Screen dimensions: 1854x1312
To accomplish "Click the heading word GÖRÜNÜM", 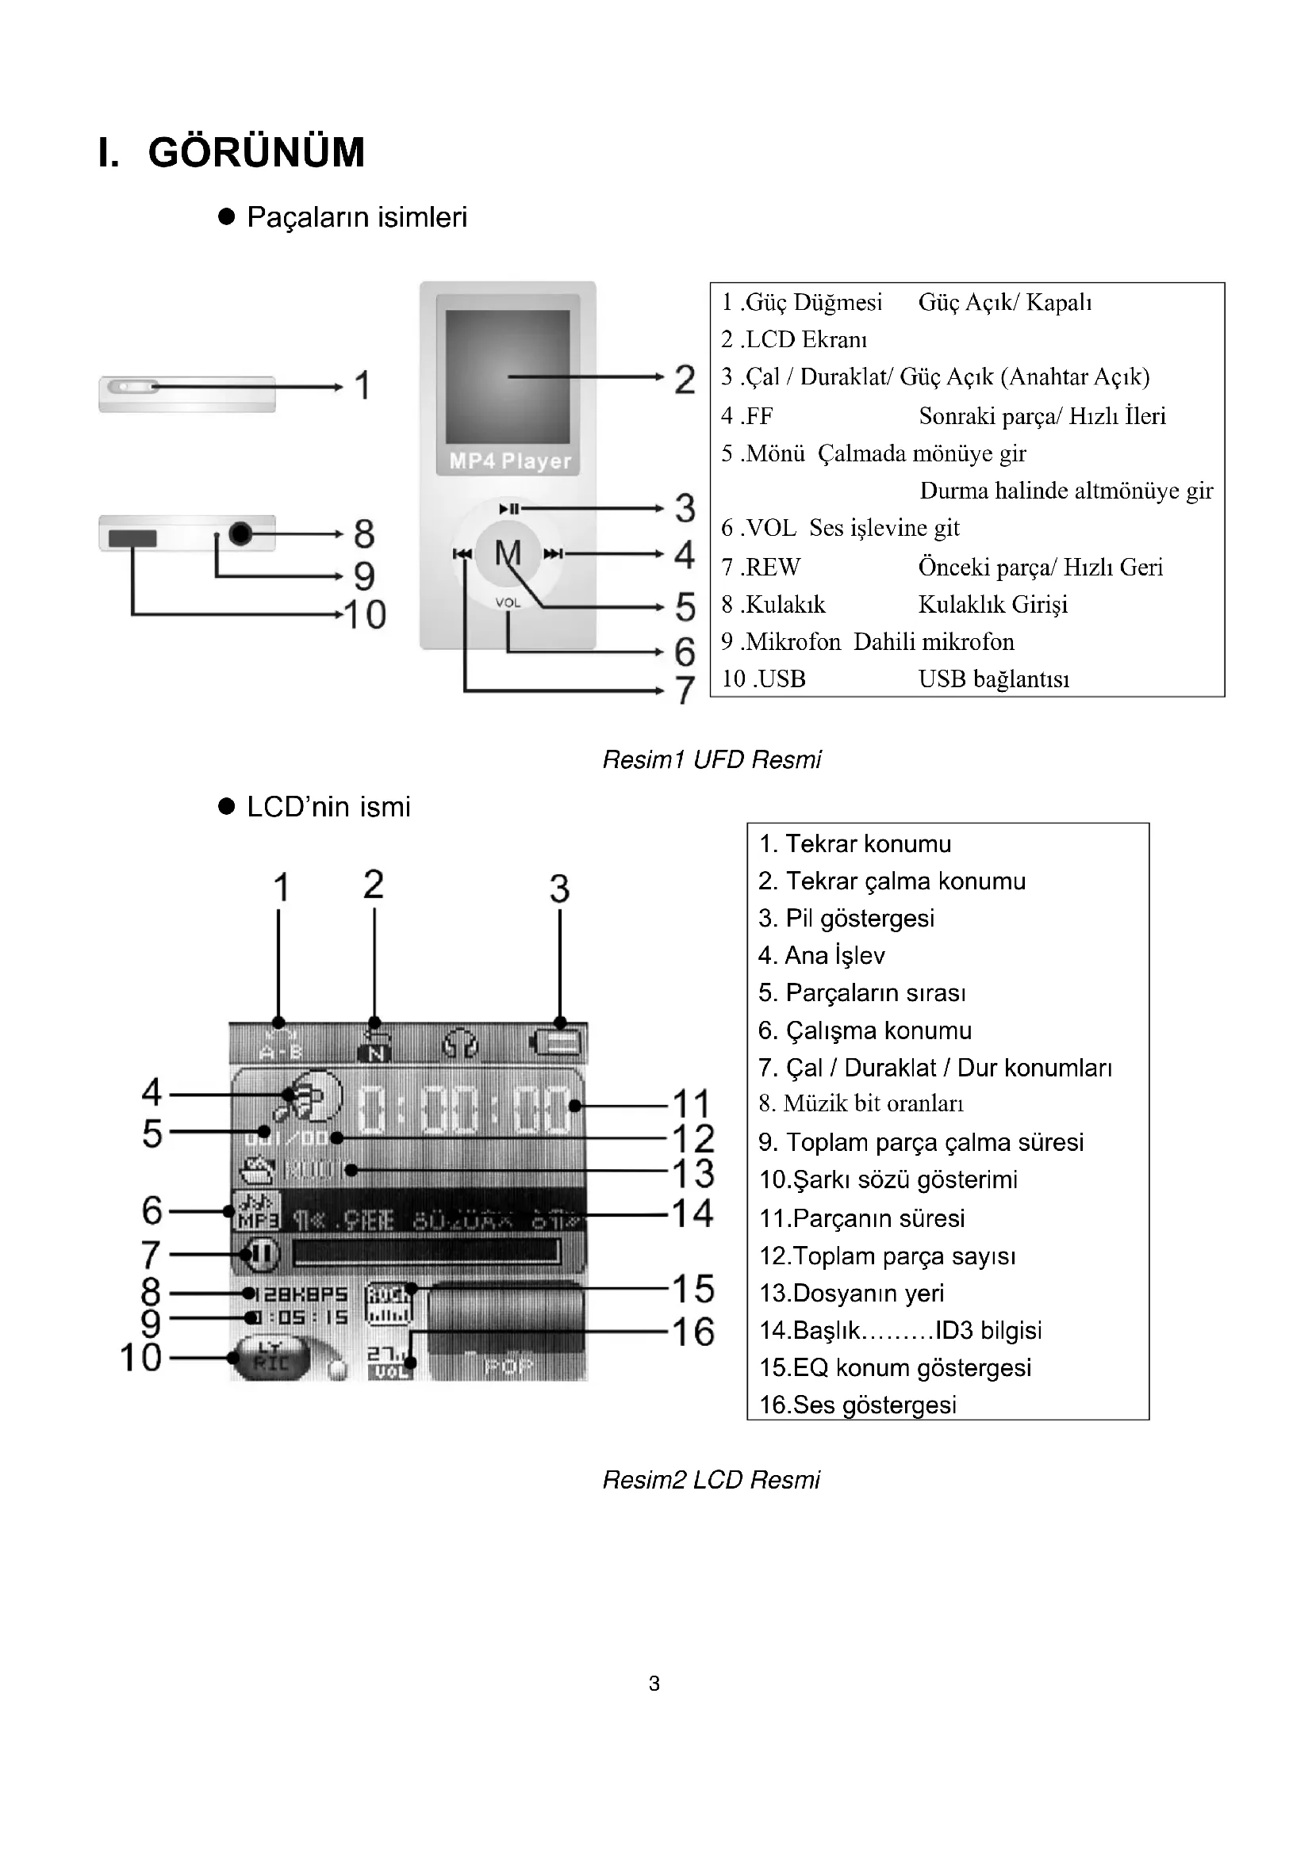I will (x=256, y=152).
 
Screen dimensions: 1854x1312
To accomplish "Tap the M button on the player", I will (x=508, y=553).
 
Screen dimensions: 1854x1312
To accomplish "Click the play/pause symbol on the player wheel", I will (x=509, y=509).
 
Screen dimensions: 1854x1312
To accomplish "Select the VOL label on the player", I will (x=508, y=602).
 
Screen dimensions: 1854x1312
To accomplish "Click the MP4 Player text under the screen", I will (x=510, y=461).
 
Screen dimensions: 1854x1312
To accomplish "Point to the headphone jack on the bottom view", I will (x=241, y=533).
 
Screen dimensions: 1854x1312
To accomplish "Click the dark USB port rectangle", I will (x=132, y=537).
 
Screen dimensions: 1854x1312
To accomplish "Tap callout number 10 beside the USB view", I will (x=365, y=614).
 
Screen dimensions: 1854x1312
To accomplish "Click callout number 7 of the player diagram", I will (x=685, y=690).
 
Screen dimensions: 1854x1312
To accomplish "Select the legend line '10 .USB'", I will (x=763, y=679).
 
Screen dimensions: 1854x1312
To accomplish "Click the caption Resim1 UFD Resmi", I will (x=711, y=760).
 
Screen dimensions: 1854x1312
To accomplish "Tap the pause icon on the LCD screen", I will (x=260, y=1254).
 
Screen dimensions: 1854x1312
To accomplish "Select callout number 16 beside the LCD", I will (x=693, y=1332).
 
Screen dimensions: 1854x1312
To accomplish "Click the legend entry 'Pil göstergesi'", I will (x=846, y=918).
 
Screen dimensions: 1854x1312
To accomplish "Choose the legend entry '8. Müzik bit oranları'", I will (x=861, y=1103).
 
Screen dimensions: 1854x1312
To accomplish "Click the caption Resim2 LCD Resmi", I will (x=711, y=1480).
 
